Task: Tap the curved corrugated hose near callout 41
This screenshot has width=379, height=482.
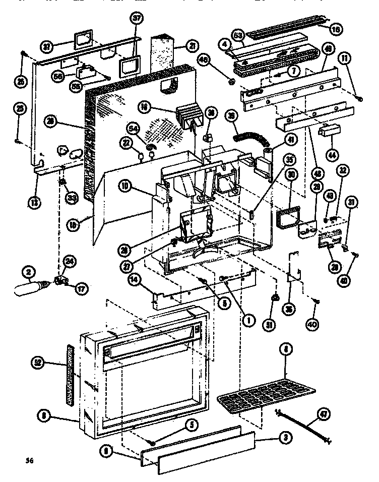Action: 251,137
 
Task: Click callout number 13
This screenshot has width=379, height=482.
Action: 33,203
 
